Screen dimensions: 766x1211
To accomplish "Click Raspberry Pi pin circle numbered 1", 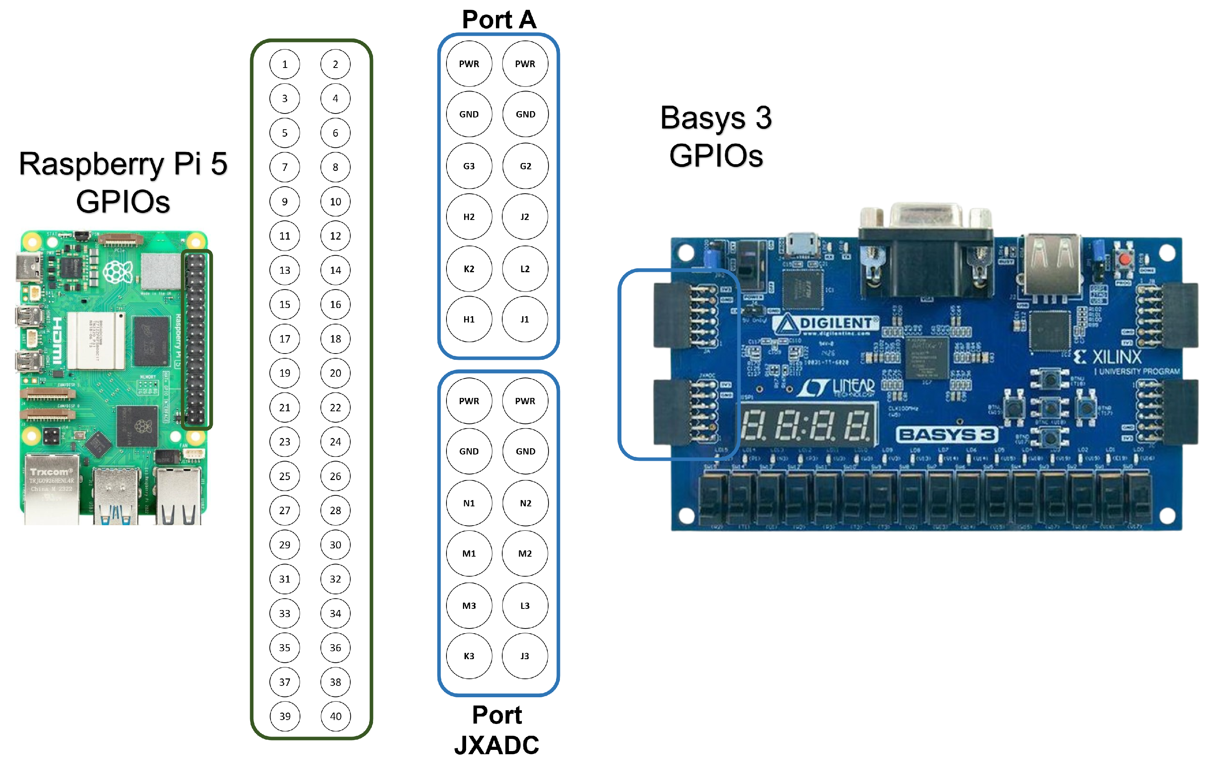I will tap(284, 64).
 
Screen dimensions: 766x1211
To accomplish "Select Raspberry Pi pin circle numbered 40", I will tap(335, 716).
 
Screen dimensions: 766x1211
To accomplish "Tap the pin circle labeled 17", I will tap(284, 339).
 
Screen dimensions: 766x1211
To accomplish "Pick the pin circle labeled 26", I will tap(335, 476).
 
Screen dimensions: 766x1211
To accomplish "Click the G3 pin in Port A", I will tap(469, 166).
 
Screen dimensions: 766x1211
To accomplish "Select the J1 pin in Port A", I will tap(525, 319).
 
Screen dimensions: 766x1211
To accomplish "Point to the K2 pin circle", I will tap(469, 269).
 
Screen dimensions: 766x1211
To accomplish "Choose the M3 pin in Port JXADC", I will tap(469, 606).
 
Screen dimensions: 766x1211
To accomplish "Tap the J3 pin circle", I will tap(525, 656).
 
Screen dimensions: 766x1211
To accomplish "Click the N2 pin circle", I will tap(525, 503).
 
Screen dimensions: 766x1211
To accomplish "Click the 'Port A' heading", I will tap(499, 20).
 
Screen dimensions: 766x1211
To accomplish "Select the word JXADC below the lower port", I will tap(496, 745).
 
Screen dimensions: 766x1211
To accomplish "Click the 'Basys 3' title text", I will tap(715, 118).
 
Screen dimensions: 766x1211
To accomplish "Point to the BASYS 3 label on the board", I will tap(946, 434).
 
